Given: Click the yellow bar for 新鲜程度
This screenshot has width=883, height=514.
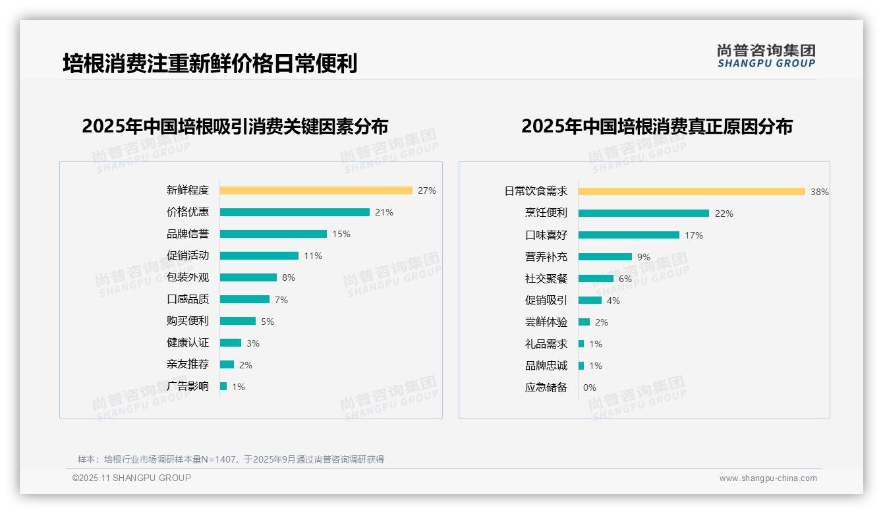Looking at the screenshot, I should (x=316, y=190).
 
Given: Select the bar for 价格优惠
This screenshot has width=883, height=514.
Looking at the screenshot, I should (x=295, y=212).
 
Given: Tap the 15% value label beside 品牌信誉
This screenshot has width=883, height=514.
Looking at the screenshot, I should (x=341, y=234).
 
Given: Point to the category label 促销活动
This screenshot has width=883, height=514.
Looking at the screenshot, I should (x=188, y=256).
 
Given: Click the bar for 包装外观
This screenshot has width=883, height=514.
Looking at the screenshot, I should (x=248, y=277).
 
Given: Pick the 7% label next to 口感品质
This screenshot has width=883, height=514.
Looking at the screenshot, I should (x=281, y=300).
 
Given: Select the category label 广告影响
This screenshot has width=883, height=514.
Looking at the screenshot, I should (x=188, y=386).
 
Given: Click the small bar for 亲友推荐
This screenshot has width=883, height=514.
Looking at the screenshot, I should (x=227, y=364).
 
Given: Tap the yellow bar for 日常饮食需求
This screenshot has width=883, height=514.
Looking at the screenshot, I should (x=691, y=192).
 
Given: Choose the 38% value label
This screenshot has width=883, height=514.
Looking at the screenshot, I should (x=820, y=192).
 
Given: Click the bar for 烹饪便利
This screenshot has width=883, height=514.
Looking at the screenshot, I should (x=643, y=214).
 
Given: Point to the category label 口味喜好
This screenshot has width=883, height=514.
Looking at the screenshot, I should (x=546, y=235).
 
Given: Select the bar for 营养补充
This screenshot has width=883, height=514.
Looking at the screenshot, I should (x=605, y=257).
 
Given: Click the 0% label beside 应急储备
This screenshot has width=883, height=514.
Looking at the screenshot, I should (x=589, y=387).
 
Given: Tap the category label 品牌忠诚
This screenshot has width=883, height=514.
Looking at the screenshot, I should (x=546, y=366).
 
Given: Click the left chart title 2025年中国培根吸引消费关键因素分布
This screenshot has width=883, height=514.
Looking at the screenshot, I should (x=235, y=126).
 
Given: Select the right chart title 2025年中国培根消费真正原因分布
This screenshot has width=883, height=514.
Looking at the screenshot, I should (x=657, y=126).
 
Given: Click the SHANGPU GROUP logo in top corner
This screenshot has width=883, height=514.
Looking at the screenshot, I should (x=766, y=56).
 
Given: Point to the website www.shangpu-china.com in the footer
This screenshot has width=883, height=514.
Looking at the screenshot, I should (x=768, y=478).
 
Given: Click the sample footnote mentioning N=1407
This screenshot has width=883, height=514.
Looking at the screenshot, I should (x=231, y=459).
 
